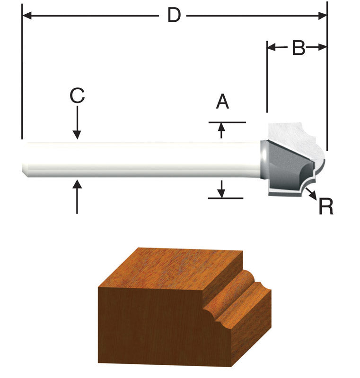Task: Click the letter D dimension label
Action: (174, 16)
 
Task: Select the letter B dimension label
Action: (298, 47)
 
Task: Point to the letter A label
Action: (222, 102)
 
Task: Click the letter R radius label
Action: (326, 206)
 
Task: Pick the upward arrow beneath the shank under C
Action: (77, 194)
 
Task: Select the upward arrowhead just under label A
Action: (221, 129)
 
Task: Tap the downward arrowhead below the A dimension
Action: (221, 192)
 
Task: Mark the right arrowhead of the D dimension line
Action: (323, 16)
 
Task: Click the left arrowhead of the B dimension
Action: (272, 47)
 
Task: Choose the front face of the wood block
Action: (151, 326)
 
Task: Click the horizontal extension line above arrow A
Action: (227, 122)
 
